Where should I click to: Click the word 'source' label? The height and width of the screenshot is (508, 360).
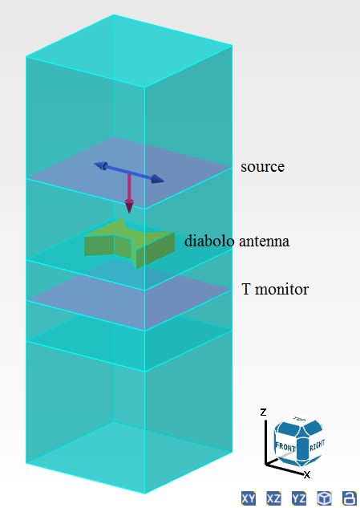(262, 167)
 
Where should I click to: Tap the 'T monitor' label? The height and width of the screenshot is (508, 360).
(275, 289)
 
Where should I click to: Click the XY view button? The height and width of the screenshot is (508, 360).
(248, 498)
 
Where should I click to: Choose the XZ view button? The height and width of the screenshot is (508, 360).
(273, 498)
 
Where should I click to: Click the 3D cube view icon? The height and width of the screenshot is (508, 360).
(324, 498)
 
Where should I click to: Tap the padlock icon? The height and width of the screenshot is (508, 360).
(349, 498)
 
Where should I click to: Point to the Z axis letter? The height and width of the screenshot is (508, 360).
(263, 411)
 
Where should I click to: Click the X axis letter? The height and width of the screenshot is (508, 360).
(307, 474)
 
